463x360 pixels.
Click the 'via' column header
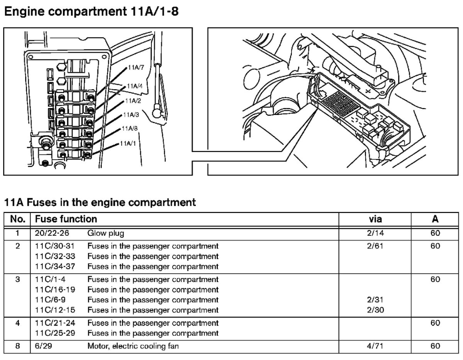(x=375, y=219)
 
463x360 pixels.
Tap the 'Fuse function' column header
(x=66, y=219)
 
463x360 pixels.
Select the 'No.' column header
(x=17, y=219)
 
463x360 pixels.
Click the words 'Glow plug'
(x=106, y=233)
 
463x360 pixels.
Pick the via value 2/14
(x=375, y=233)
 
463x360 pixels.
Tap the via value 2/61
(x=375, y=246)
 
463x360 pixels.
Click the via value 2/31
(x=375, y=300)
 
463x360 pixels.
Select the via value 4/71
(x=375, y=346)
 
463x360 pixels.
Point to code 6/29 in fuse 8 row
(x=43, y=346)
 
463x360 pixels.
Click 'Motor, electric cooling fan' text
(x=133, y=346)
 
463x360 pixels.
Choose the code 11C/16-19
(x=51, y=290)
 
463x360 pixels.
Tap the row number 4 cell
(x=17, y=323)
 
